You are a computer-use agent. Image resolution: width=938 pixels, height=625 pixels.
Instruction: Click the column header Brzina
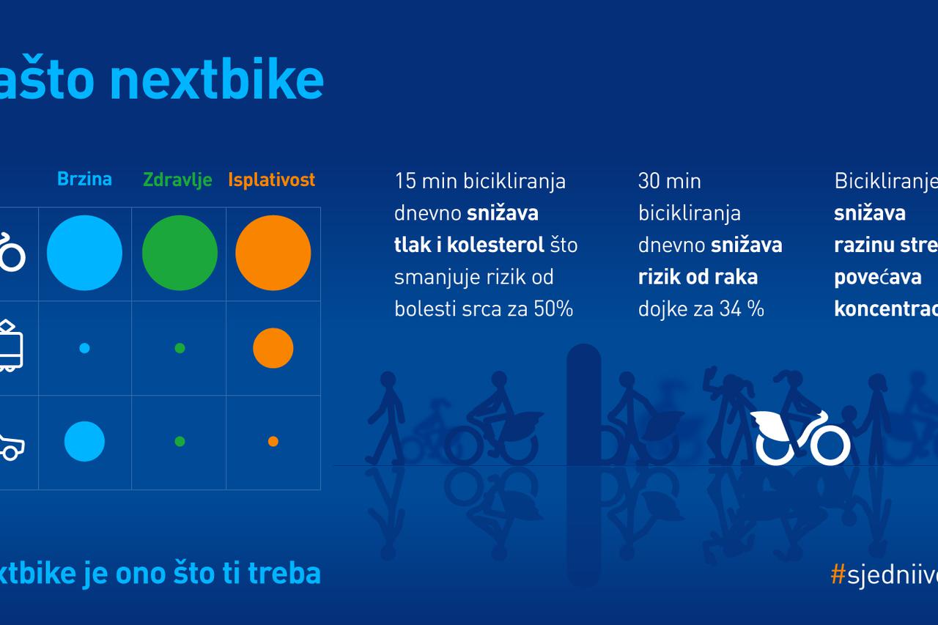pyautogui.click(x=84, y=179)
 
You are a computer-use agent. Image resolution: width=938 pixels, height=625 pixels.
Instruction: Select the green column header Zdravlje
pyautogui.click(x=177, y=180)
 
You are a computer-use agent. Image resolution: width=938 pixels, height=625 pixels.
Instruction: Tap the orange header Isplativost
pyautogui.click(x=272, y=180)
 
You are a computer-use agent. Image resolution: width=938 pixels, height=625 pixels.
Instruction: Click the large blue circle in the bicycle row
pyautogui.click(x=84, y=253)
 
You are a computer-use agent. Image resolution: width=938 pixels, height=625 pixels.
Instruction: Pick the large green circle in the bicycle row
pyautogui.click(x=180, y=253)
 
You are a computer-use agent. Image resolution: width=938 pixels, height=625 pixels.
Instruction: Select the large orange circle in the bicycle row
pyautogui.click(x=273, y=253)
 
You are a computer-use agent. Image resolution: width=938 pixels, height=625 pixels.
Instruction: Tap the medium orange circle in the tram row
pyautogui.click(x=273, y=348)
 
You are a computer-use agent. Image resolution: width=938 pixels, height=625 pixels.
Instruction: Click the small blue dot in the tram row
pyautogui.click(x=84, y=348)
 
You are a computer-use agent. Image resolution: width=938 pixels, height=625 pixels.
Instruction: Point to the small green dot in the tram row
pyautogui.click(x=180, y=348)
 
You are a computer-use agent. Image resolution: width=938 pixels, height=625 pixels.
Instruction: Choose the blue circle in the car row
pyautogui.click(x=84, y=441)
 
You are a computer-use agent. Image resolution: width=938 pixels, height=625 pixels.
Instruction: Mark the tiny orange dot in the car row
pyautogui.click(x=273, y=441)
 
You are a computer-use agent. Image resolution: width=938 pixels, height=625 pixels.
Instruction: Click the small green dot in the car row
pyautogui.click(x=180, y=441)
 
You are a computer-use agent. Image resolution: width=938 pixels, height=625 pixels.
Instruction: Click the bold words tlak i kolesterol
pyautogui.click(x=469, y=245)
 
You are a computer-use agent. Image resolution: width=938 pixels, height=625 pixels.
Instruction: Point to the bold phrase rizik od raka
pyautogui.click(x=698, y=277)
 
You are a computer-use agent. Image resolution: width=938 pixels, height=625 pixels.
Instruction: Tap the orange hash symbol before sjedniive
pyautogui.click(x=838, y=574)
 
